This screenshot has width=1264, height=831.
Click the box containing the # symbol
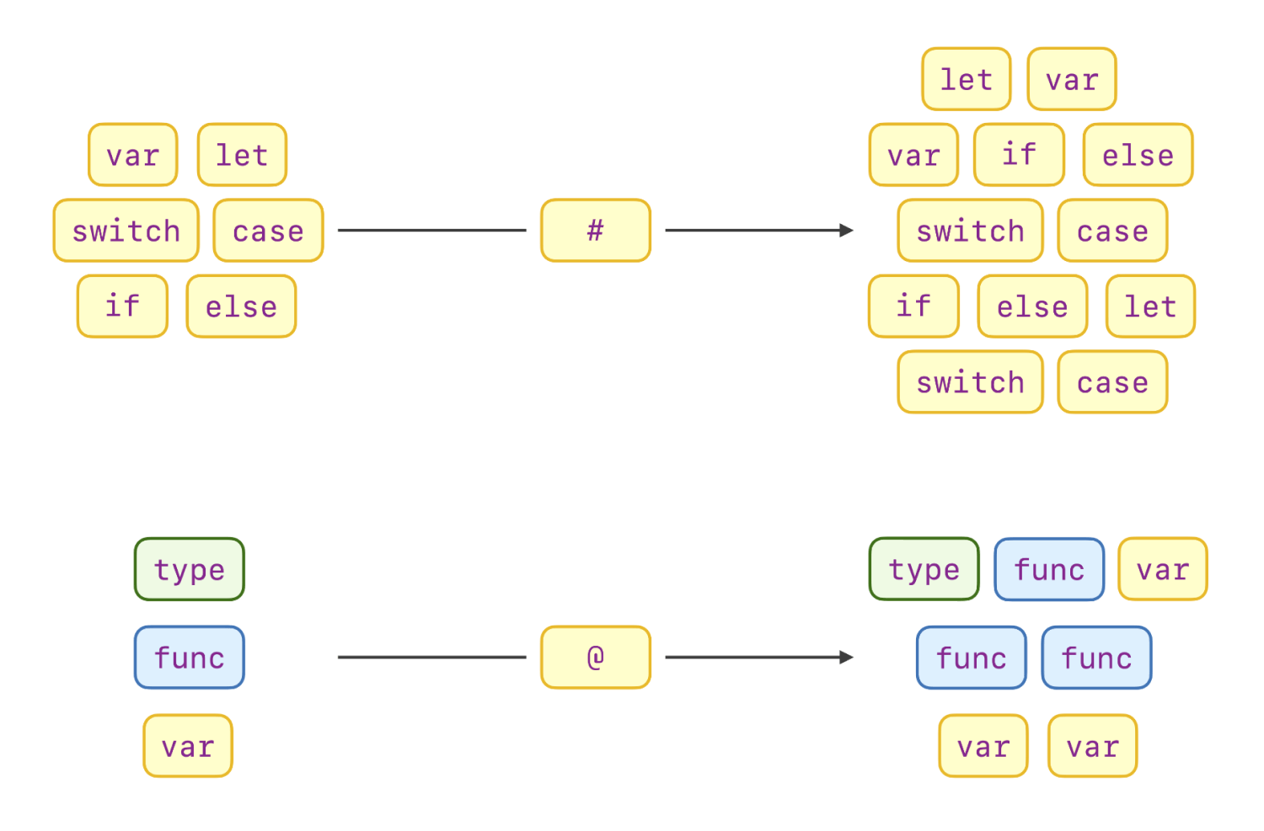point(596,231)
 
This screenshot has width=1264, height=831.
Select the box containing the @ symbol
point(596,658)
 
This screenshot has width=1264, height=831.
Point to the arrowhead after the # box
point(846,231)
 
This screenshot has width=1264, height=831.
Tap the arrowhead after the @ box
point(846,658)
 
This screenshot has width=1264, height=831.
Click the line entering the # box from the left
point(431,231)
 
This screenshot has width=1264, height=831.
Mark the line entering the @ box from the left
point(431,658)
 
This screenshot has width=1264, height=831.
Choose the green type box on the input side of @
point(190,570)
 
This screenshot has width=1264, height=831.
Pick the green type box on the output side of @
point(924,570)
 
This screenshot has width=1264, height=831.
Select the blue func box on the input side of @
point(190,658)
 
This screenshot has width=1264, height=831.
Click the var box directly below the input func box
point(188,746)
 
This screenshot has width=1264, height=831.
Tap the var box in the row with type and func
point(1163,570)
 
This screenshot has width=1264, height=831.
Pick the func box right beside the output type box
point(1049,570)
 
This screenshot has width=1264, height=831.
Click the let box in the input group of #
point(242,155)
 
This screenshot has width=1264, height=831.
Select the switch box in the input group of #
point(126,231)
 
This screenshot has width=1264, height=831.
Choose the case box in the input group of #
point(268,231)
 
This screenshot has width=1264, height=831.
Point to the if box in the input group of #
point(122,306)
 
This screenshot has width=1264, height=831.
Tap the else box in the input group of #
point(241,306)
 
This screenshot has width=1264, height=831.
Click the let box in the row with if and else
point(1150,306)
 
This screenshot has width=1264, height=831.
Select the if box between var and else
point(1019,155)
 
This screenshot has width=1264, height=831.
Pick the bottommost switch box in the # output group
point(970,382)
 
